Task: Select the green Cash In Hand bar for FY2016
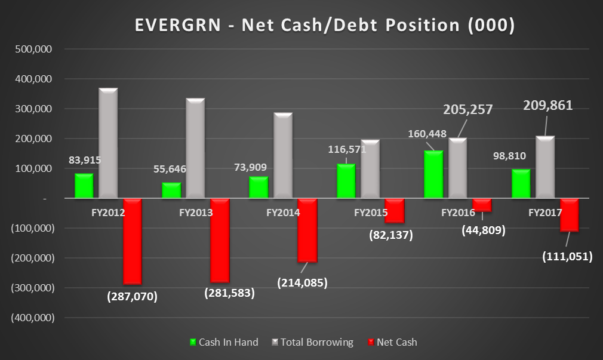tap(433, 174)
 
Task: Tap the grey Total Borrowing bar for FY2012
tap(108, 143)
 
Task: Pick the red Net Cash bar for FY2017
tap(569, 215)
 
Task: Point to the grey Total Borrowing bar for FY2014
tap(283, 155)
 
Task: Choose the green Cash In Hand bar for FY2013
tap(171, 190)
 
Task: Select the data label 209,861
tap(547, 106)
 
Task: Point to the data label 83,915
tap(84, 159)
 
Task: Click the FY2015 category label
tap(370, 212)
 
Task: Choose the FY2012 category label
tap(108, 212)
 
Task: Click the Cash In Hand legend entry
tap(224, 342)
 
